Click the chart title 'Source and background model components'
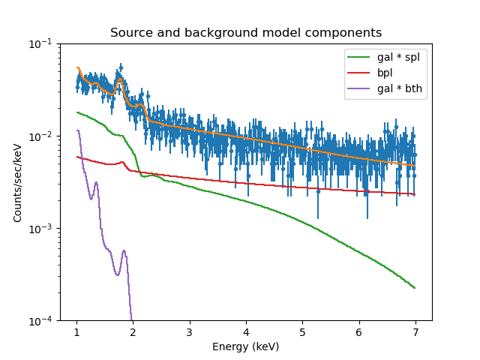(x=245, y=33)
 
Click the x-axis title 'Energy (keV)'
(x=245, y=346)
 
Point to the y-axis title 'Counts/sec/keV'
(x=17, y=182)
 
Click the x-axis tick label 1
(x=76, y=332)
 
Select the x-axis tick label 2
(x=133, y=332)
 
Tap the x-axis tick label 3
(x=190, y=332)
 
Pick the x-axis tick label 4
(x=246, y=332)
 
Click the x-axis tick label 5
(x=302, y=332)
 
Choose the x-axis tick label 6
(x=358, y=332)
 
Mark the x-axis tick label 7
(x=415, y=332)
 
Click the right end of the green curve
(x=415, y=288)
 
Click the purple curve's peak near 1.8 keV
(x=124, y=251)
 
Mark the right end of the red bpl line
(x=415, y=194)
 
